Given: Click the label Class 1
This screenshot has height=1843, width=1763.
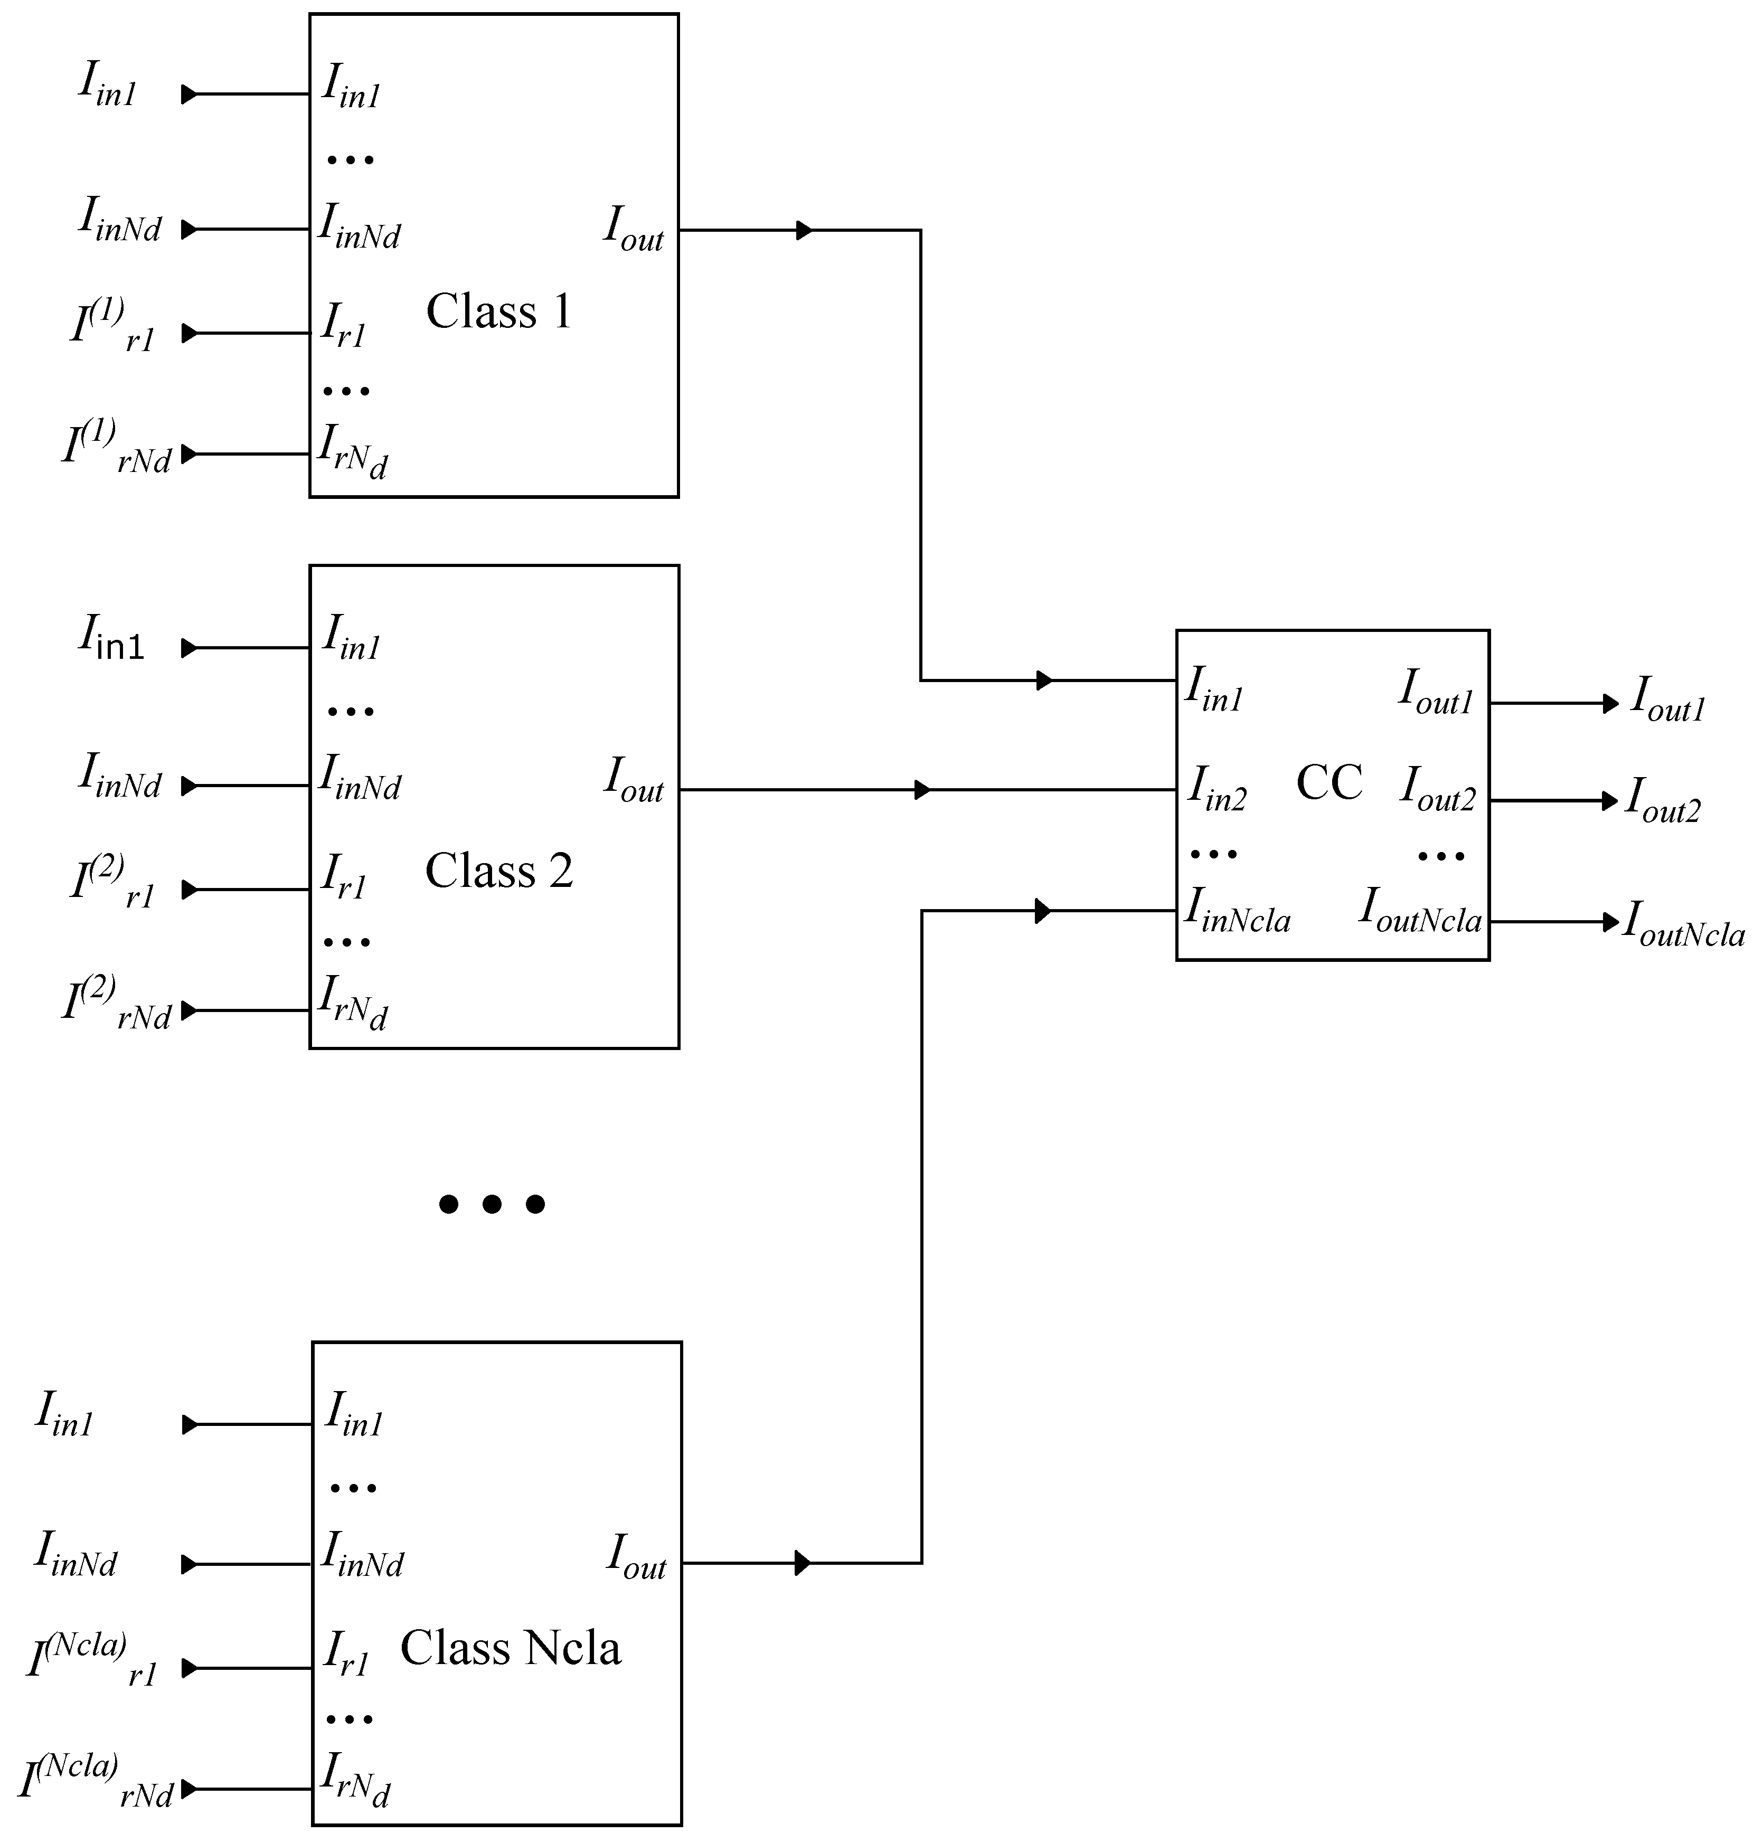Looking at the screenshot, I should point(499,311).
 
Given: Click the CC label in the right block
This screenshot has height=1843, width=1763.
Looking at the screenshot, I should point(1329,782).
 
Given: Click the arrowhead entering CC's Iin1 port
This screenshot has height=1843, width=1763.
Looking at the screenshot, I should point(1044,681).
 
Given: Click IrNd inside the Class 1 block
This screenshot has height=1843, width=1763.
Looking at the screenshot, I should point(352,452).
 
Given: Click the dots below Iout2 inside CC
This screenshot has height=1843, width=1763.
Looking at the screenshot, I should point(1441,856).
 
